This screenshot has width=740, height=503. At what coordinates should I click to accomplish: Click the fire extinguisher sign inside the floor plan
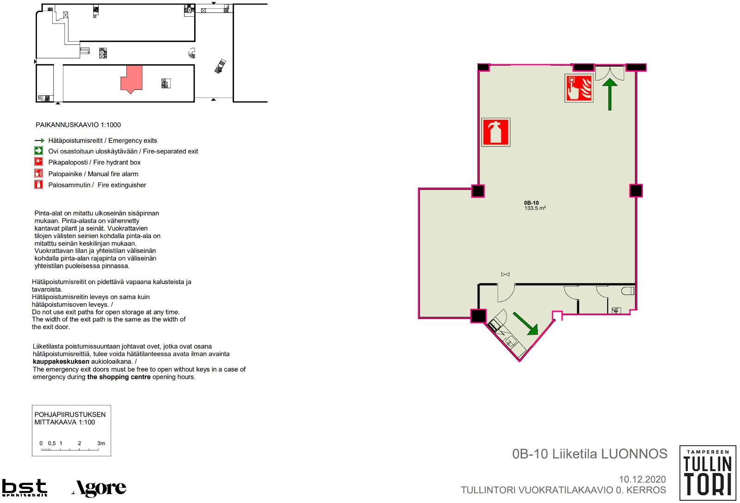496,132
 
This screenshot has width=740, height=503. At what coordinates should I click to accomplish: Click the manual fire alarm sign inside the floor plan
579,88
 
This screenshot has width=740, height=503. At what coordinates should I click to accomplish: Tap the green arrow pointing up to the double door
610,94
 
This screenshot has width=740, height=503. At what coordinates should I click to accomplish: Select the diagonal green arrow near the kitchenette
525,324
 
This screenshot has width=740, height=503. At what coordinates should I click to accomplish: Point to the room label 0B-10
531,203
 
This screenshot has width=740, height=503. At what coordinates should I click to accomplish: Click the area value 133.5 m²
535,208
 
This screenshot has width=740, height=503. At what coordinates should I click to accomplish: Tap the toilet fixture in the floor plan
628,291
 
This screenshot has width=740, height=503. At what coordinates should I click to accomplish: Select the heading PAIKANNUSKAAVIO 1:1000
78,125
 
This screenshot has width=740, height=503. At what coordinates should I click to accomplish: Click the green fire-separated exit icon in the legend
39,151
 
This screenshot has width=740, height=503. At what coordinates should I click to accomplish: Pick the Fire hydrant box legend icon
39,162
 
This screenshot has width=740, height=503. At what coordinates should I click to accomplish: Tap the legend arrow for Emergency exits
40,141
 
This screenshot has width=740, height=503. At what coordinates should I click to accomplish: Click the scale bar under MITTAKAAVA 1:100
70,449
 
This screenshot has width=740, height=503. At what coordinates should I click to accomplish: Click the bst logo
25,487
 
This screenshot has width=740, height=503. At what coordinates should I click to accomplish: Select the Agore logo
99,488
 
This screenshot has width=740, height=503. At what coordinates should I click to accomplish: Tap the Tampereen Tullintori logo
708,472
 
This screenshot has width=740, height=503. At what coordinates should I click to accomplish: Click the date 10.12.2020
642,479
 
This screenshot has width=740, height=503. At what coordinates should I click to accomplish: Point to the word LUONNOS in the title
634,454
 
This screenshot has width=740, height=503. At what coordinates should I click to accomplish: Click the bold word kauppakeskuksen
61,362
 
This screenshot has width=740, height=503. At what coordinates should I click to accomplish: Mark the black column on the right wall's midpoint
636,190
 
